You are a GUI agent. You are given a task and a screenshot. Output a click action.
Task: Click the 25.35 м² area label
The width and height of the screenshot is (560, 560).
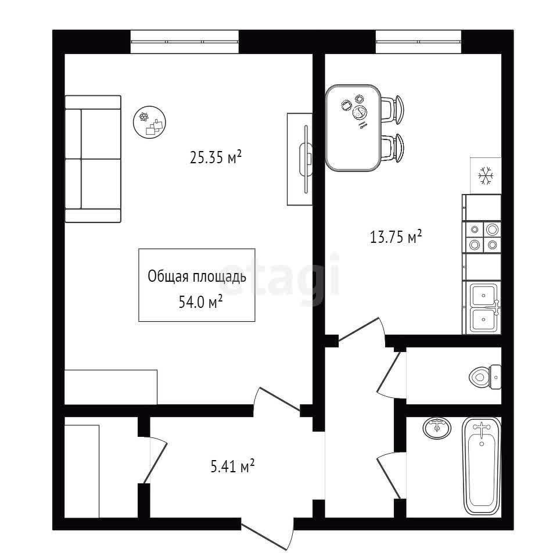point(216,157)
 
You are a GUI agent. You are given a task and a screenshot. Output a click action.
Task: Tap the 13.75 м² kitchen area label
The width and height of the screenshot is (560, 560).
point(396,237)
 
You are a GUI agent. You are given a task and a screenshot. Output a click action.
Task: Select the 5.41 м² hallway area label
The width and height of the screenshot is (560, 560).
point(232,466)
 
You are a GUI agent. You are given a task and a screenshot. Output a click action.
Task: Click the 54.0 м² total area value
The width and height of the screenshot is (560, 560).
point(201,302)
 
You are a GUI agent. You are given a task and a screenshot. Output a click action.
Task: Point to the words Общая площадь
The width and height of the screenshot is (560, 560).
point(197,277)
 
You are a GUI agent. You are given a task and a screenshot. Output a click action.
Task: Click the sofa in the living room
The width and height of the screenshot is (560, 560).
point(93,159)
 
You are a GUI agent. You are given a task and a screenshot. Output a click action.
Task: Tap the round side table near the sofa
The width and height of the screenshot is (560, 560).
point(150,123)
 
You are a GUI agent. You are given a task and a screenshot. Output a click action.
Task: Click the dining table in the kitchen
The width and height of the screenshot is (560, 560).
point(353,128)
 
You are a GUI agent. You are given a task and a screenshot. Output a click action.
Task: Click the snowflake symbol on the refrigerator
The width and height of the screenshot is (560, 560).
point(486,175)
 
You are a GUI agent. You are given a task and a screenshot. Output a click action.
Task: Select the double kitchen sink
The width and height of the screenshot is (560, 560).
point(483,307)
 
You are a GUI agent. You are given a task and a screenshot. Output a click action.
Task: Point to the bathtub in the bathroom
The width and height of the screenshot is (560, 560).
point(482,466)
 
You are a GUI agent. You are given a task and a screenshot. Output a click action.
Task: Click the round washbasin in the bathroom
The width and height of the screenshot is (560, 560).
point(437,428)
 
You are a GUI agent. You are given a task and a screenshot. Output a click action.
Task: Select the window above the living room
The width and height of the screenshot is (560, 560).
point(184,42)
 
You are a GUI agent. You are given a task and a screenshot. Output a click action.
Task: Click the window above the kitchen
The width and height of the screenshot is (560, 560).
point(418,42)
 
